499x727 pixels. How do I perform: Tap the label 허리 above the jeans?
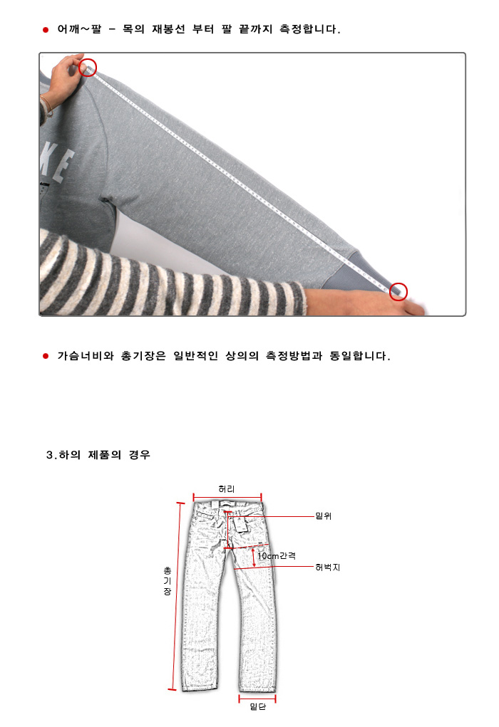point(227,489)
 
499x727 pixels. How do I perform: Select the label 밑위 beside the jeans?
point(323,516)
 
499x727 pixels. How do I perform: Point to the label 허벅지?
point(328,567)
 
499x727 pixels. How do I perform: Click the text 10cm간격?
point(277,555)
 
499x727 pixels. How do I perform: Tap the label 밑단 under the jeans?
point(257,706)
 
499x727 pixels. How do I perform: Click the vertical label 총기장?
point(167,581)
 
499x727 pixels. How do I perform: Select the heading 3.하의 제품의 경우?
point(98,455)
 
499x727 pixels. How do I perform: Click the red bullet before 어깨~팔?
point(46,30)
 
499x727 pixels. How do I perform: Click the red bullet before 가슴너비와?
point(46,356)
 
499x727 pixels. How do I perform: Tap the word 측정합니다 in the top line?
point(309,29)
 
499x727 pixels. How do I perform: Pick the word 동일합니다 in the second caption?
point(360,355)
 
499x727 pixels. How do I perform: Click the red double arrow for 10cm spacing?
point(254,558)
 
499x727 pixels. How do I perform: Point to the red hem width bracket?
point(257,698)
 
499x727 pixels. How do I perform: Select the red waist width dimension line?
point(227,498)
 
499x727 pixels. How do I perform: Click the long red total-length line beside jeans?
point(176,596)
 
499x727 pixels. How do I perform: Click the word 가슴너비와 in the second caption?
point(86,355)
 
